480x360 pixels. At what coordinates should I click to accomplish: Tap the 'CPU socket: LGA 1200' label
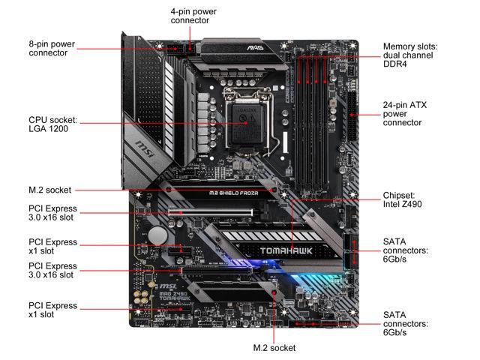(52, 124)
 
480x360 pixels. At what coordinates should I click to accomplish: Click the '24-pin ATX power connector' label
(404, 114)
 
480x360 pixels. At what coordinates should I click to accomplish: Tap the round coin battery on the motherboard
(157, 235)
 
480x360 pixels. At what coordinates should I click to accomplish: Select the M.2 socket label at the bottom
(274, 348)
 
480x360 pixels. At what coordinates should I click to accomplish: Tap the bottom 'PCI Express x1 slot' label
(52, 310)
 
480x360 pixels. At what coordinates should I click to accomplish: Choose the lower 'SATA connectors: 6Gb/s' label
(405, 324)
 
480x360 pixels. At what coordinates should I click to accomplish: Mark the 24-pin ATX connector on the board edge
(352, 116)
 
